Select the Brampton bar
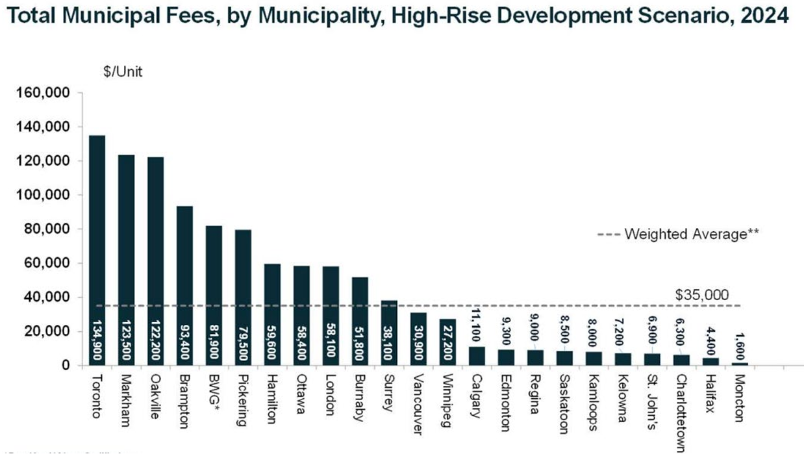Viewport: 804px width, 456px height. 185,286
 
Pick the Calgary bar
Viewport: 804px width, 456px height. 477,356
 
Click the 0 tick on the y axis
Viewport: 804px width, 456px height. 66,366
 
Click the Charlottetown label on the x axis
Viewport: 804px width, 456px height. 681,406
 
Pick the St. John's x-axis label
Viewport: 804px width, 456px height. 651,396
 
